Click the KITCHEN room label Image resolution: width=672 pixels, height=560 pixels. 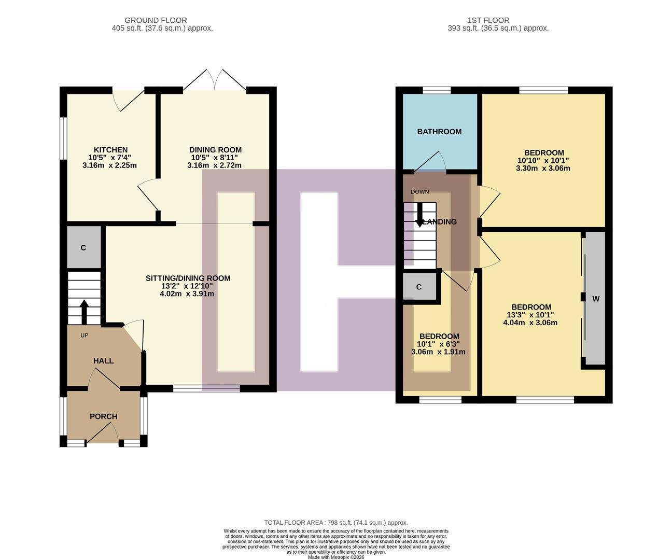pyautogui.click(x=110, y=150)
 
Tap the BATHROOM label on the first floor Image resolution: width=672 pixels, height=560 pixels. pyautogui.click(x=439, y=132)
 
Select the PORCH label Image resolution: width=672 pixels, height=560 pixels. pyautogui.click(x=103, y=416)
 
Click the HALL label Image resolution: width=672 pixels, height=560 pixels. pyautogui.click(x=103, y=361)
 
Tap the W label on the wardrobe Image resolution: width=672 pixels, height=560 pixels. pyautogui.click(x=596, y=299)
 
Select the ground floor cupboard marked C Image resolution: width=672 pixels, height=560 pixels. pyautogui.click(x=83, y=248)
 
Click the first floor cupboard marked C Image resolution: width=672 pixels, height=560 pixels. pyautogui.click(x=419, y=287)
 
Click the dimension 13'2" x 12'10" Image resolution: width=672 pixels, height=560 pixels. pyautogui.click(x=187, y=286)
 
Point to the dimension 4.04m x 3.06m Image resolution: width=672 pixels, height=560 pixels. pyautogui.click(x=530, y=323)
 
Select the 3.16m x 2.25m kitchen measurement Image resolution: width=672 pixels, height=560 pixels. pyautogui.click(x=109, y=165)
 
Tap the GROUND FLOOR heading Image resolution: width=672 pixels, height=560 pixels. pyautogui.click(x=156, y=20)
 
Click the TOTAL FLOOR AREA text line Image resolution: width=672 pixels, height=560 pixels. pyautogui.click(x=335, y=523)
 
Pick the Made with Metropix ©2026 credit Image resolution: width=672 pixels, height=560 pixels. pyautogui.click(x=336, y=557)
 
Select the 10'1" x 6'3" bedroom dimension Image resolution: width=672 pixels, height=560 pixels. pyautogui.click(x=438, y=344)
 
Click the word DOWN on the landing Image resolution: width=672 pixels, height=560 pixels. pyautogui.click(x=419, y=192)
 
